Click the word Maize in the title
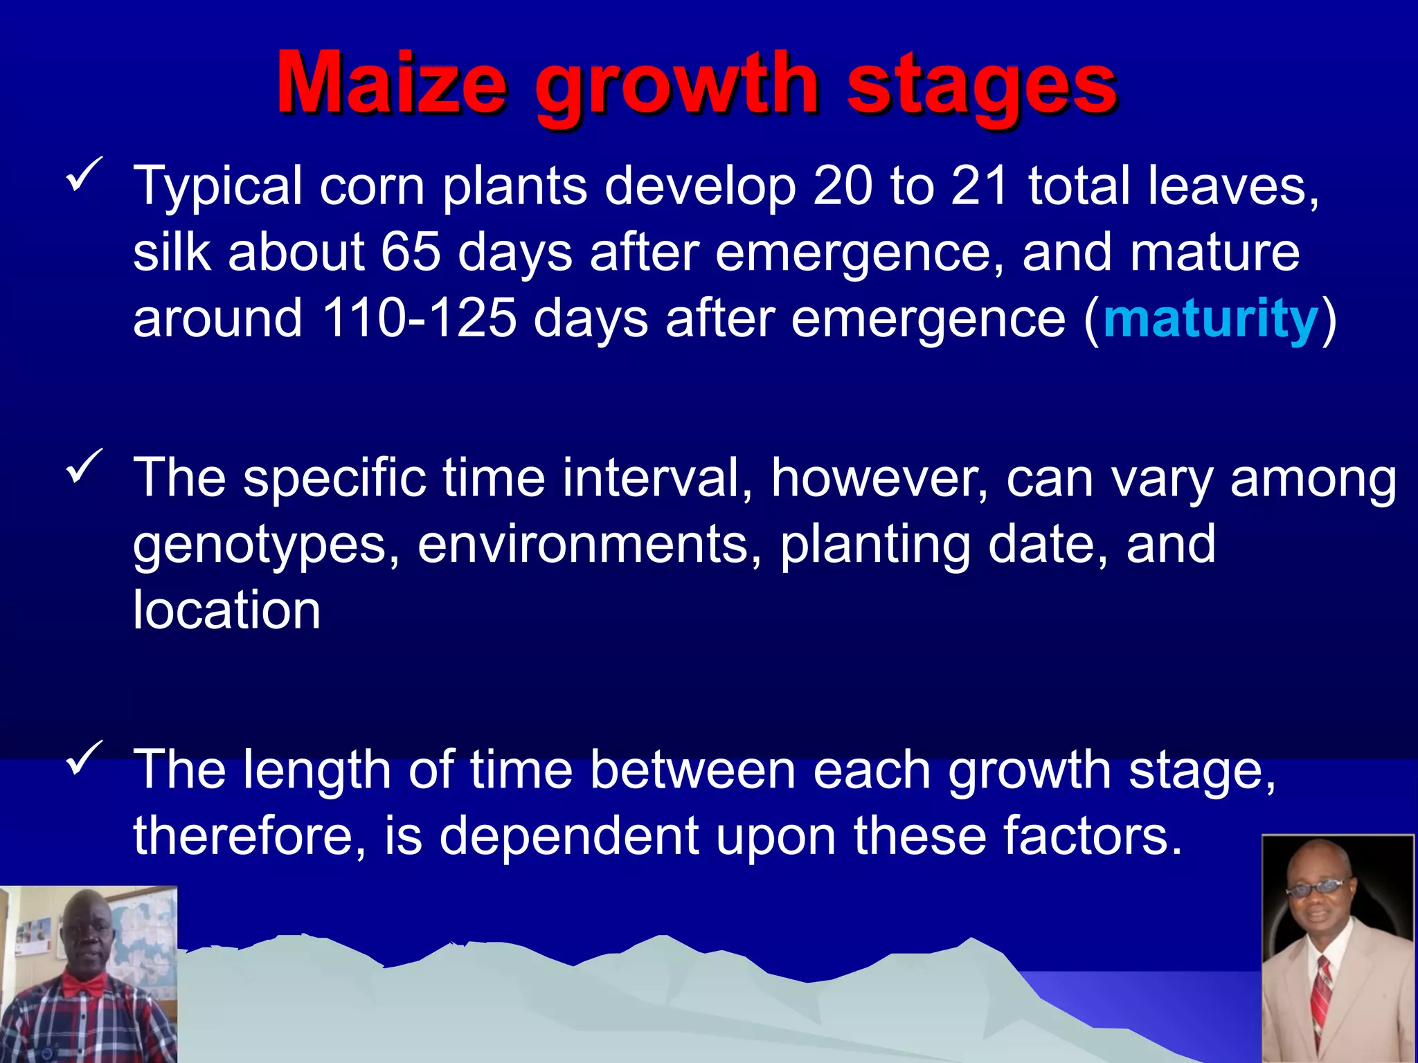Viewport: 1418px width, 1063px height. pyautogui.click(x=392, y=84)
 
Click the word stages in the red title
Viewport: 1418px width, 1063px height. pyautogui.click(x=981, y=87)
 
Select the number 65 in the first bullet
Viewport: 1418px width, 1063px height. pyautogui.click(x=410, y=252)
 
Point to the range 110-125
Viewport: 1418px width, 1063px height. pyautogui.click(x=420, y=318)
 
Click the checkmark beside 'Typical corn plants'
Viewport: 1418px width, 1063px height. pyautogui.click(x=84, y=174)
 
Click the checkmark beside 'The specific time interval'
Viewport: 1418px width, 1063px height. pyautogui.click(x=84, y=466)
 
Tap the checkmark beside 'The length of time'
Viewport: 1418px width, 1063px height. pyautogui.click(x=84, y=758)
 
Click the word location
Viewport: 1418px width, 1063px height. pyautogui.click(x=226, y=610)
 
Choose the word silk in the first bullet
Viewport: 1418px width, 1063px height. pyautogui.click(x=172, y=252)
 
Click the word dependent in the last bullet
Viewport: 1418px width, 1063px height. pyautogui.click(x=569, y=836)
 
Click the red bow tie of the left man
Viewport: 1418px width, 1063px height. pyautogui.click(x=86, y=984)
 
